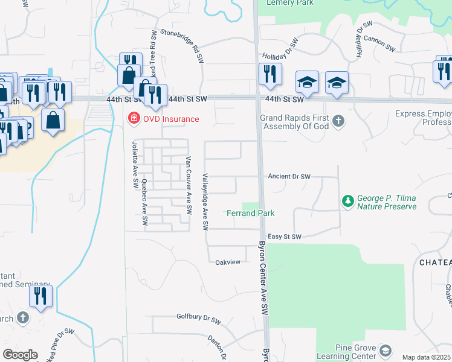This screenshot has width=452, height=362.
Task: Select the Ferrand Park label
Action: point(251,213)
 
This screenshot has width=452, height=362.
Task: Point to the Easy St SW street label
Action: point(284,237)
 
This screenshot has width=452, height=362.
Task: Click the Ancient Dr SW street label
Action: point(289,177)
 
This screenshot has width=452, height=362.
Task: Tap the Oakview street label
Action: point(228,262)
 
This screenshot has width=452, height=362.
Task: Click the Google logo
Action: point(20,355)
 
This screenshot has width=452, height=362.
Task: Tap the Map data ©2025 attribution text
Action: point(427,357)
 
